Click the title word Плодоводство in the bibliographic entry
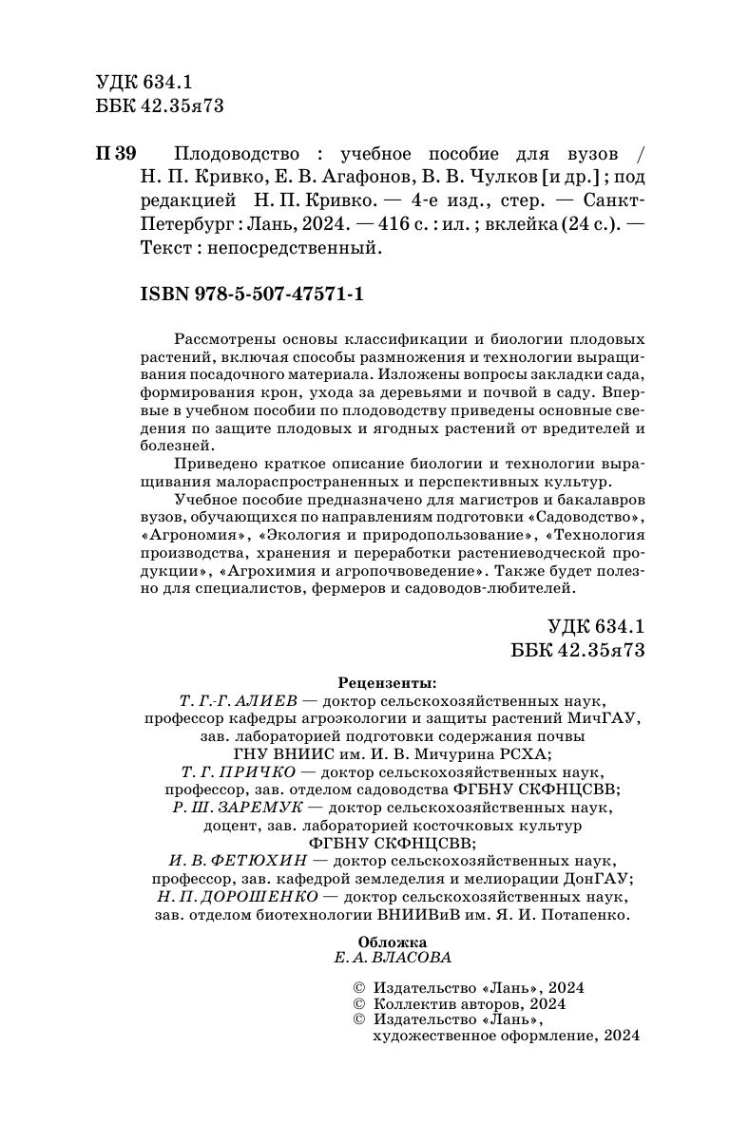tap(233, 155)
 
